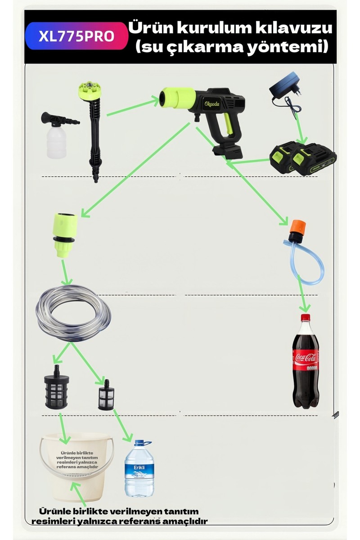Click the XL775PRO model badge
76,36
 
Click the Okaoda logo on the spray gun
211,104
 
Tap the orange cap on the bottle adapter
298,226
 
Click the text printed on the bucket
77,460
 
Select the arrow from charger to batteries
301,129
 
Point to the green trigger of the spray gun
228,123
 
